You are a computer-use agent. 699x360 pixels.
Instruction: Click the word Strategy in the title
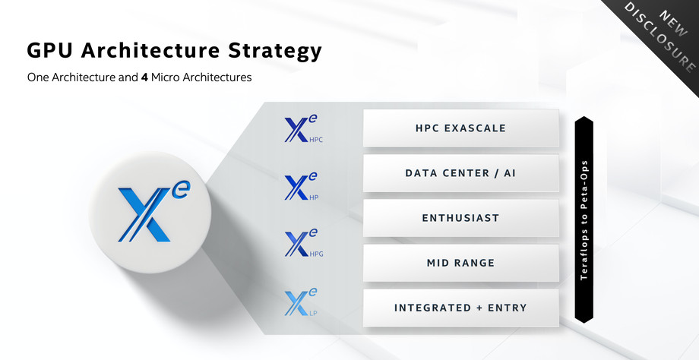[x=274, y=51]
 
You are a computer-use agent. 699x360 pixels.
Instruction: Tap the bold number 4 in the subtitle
[x=144, y=77]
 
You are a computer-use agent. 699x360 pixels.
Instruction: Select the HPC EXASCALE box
[x=461, y=128]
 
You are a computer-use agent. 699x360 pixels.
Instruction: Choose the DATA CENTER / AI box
[x=461, y=173]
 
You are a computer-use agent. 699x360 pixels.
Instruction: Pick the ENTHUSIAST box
[x=461, y=218]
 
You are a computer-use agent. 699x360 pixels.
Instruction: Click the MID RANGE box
[x=461, y=263]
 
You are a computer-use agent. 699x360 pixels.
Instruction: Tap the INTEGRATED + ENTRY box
[x=461, y=308]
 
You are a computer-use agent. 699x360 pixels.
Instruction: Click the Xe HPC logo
[x=303, y=129]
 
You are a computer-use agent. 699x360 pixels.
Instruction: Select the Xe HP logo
[x=302, y=186]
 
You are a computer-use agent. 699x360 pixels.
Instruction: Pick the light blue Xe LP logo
[x=302, y=302]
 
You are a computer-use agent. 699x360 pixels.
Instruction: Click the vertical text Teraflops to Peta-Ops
[x=584, y=219]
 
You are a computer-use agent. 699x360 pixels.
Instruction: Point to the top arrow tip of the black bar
[x=584, y=116]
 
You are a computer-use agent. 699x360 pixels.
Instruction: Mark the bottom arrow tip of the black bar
[x=584, y=323]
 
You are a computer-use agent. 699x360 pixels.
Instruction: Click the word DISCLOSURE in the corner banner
[x=659, y=37]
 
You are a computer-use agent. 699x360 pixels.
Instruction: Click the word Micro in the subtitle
[x=163, y=77]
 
